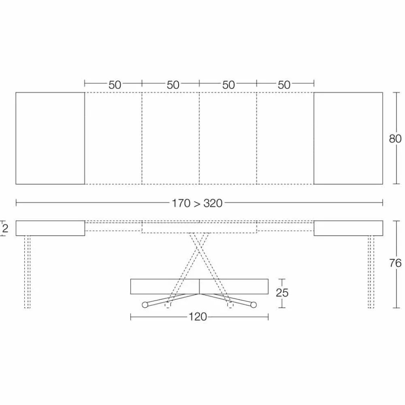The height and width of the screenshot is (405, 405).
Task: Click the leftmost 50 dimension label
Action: point(115,85)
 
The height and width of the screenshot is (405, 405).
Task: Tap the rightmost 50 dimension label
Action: point(284,85)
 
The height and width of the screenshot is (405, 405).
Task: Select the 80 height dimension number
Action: point(395,139)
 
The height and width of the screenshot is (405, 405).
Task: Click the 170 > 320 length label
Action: point(197,203)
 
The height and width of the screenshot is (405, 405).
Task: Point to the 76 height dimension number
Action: point(395,263)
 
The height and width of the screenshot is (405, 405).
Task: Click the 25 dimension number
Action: point(282,292)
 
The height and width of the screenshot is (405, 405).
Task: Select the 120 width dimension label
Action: point(198,317)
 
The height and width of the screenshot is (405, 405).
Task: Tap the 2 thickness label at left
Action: point(5,228)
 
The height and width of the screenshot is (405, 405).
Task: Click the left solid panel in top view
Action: point(50,138)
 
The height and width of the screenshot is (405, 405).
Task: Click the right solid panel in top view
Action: point(348,138)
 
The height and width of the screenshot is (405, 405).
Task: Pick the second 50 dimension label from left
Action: point(173,85)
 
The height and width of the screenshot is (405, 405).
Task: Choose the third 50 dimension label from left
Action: point(228,85)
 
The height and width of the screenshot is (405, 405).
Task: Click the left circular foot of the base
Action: point(145,305)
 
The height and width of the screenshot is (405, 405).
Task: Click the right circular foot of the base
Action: point(254,305)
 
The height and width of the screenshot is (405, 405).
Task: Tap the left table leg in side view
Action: point(27,271)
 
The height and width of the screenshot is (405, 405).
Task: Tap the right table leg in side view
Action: point(371,271)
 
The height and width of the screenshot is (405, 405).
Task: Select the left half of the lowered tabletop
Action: point(165,286)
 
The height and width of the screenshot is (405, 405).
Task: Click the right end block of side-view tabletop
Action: point(348,228)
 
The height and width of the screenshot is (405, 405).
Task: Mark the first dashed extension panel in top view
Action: point(113,138)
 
